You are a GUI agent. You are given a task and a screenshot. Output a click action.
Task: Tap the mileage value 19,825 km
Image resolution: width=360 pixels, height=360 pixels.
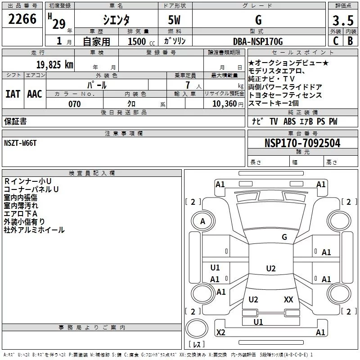(54, 65)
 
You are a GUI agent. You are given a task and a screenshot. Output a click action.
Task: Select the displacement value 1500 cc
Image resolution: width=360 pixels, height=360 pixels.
(137, 41)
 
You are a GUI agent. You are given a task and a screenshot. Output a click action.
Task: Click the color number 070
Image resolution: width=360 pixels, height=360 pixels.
(74, 104)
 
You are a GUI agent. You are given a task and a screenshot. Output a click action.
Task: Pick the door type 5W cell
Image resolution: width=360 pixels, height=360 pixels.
(175, 20)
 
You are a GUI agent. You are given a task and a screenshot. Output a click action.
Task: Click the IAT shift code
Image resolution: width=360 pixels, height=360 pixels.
(13, 94)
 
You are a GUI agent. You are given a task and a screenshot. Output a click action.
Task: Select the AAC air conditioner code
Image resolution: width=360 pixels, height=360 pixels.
(35, 94)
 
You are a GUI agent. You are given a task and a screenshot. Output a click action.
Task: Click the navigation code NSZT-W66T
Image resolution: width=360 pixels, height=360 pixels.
(20, 143)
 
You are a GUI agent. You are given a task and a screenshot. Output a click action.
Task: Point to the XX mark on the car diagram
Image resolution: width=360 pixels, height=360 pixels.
(288, 299)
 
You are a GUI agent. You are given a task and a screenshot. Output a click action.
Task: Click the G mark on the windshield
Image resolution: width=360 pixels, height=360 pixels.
(284, 237)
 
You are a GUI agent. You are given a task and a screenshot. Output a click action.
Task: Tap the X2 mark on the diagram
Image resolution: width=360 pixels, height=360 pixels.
(220, 332)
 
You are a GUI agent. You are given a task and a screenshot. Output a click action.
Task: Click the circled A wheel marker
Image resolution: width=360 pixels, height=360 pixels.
(202, 221)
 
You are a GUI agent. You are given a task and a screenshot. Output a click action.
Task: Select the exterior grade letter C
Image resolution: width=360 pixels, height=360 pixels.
(335, 41)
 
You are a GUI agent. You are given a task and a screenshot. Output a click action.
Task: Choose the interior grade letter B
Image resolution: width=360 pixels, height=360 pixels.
(350, 41)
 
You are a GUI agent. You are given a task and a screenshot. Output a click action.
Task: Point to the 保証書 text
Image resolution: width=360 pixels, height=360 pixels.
(15, 121)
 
